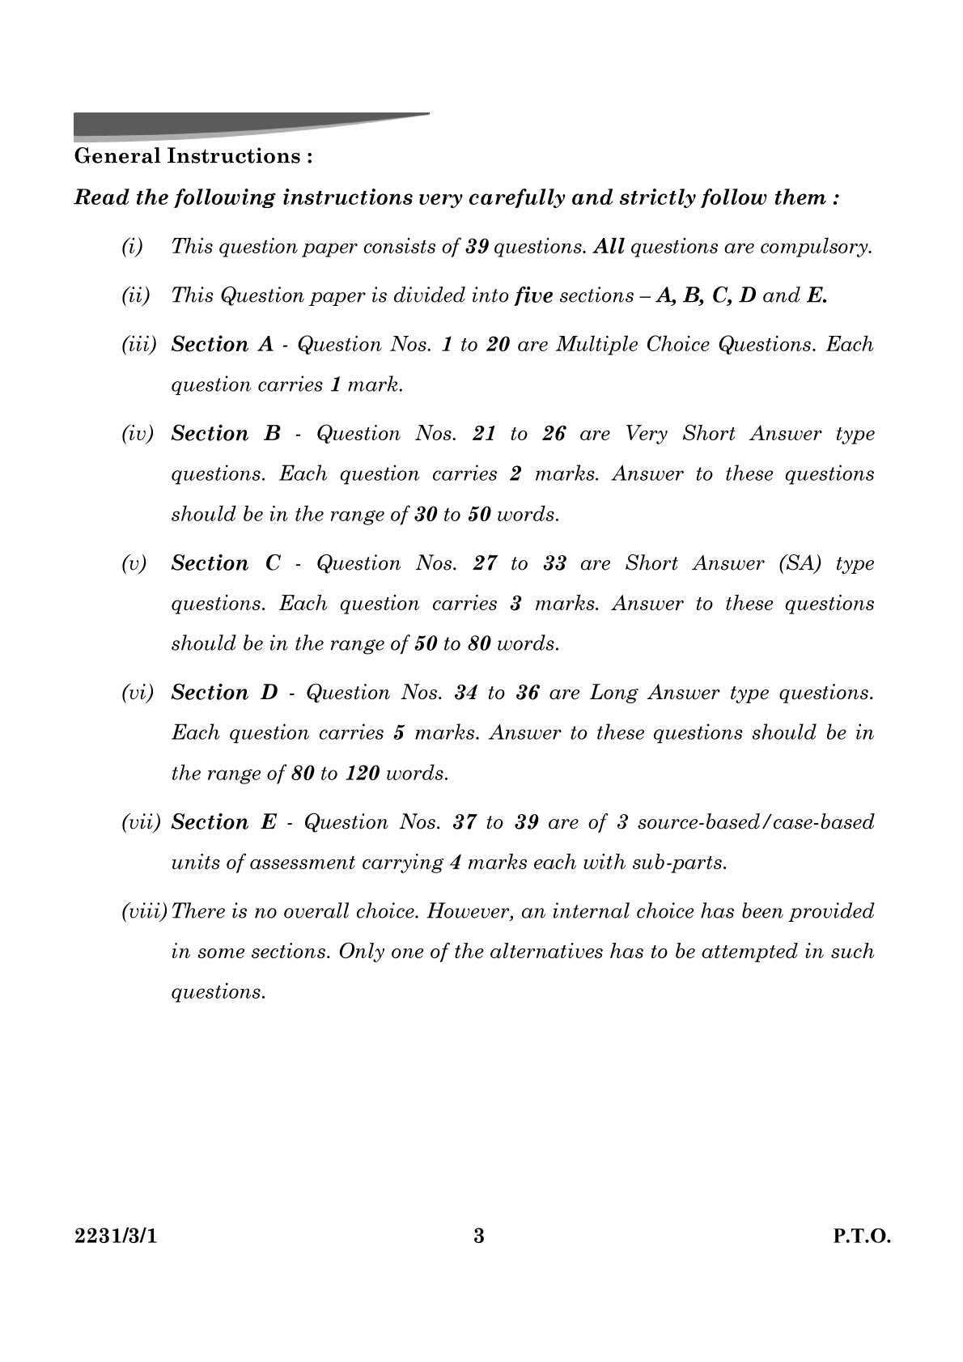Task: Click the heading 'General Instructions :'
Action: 193,156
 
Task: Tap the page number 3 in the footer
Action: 479,1236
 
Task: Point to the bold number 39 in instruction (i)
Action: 477,247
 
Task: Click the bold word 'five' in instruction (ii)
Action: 533,295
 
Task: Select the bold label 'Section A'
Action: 223,345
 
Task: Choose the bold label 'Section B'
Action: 225,434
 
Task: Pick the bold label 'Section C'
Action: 225,563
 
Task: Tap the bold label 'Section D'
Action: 224,693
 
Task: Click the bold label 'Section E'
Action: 223,822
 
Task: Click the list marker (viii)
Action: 144,912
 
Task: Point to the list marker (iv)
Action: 137,435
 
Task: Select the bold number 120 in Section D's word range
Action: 362,774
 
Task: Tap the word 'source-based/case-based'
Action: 756,822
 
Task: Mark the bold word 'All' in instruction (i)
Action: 609,247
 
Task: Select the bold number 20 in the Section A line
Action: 498,345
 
